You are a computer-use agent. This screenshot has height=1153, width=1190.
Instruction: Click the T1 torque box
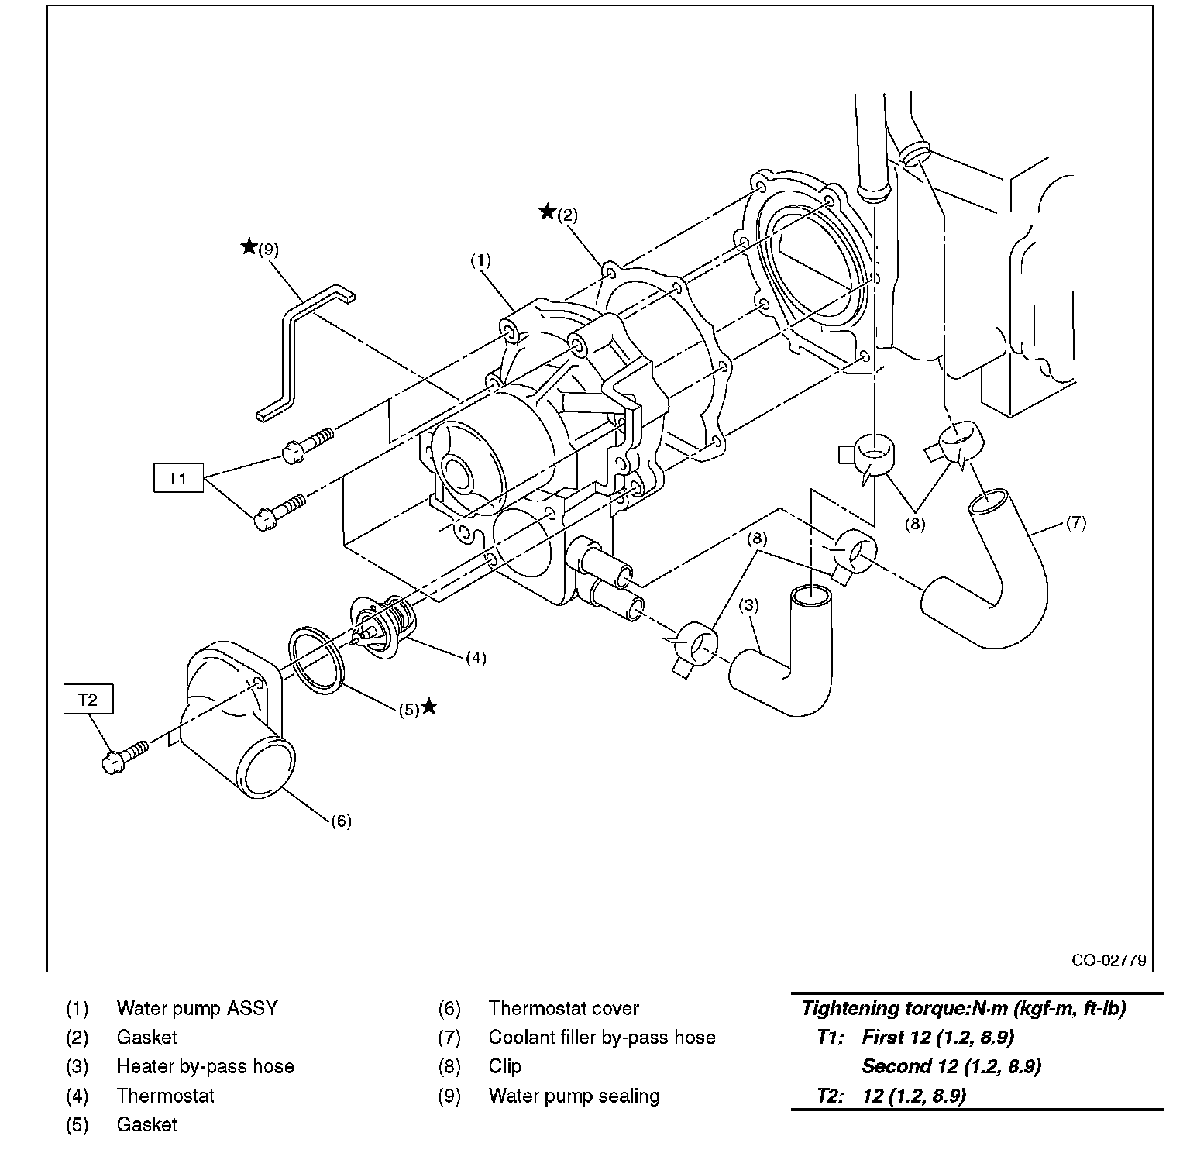pos(177,478)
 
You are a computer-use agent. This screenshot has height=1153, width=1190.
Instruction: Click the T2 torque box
pos(88,700)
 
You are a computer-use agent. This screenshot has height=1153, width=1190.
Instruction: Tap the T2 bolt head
pos(112,761)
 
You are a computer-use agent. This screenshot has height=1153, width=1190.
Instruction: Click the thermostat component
pos(381,623)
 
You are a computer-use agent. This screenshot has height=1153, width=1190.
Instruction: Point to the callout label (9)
pos(268,250)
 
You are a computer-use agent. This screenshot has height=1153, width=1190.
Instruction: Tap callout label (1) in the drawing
pos(480,260)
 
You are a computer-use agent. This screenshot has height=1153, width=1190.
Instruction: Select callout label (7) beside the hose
pos(1076,522)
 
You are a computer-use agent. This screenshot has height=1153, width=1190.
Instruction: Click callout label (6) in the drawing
pos(341,821)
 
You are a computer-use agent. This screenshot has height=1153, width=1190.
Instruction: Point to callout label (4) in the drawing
pos(476,658)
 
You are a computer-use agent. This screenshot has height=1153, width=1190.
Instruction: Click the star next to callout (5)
pos(428,707)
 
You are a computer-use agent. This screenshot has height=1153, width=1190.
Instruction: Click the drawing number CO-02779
pos(1108,961)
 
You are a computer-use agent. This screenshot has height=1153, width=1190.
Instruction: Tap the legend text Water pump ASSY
pos(197,1008)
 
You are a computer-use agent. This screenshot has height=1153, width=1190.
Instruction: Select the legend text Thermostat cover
pos(563,1008)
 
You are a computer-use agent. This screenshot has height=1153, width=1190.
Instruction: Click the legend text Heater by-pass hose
pos(205,1066)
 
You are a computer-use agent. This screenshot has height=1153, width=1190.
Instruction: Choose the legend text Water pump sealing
pos(574,1096)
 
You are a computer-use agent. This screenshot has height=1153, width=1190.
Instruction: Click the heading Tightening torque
pos(963,1008)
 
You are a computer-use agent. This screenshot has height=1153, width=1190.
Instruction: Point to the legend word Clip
pos(505,1066)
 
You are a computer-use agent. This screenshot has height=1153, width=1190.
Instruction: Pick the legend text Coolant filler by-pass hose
pos(602,1037)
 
